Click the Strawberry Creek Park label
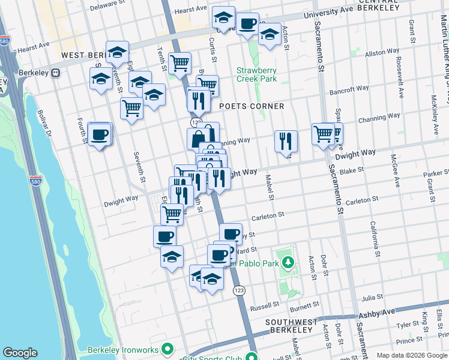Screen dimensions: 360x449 [256, 74]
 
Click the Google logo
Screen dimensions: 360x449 [20, 353]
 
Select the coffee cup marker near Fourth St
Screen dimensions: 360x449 [100, 134]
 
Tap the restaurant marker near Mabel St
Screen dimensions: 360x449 [286, 142]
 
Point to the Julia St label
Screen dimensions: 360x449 [372, 297]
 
